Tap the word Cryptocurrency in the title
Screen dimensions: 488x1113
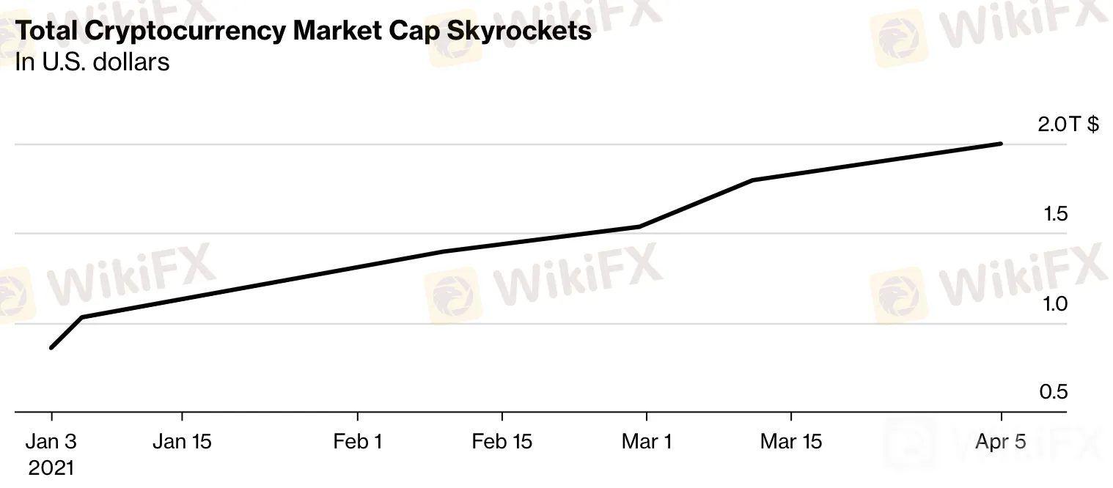tap(189, 32)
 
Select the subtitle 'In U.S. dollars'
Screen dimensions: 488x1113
tap(92, 62)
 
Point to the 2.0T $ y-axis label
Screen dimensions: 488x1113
tap(1068, 125)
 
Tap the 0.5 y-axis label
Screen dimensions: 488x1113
tap(1053, 393)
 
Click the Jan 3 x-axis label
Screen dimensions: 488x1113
tap(51, 442)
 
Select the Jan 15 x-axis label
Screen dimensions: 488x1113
tap(182, 442)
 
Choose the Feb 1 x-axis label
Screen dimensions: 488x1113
tap(357, 442)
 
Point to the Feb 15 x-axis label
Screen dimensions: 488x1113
tap(502, 442)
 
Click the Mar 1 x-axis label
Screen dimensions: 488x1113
tap(646, 442)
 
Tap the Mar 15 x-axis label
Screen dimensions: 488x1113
tap(791, 442)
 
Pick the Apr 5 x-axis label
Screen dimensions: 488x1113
tap(1001, 442)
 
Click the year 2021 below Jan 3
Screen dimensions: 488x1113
tap(51, 467)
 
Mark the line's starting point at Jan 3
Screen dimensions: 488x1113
tap(51, 347)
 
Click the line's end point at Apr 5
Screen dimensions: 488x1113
tap(1001, 144)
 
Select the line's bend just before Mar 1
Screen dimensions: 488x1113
tap(639, 226)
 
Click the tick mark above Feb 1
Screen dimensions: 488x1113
tap(357, 418)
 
